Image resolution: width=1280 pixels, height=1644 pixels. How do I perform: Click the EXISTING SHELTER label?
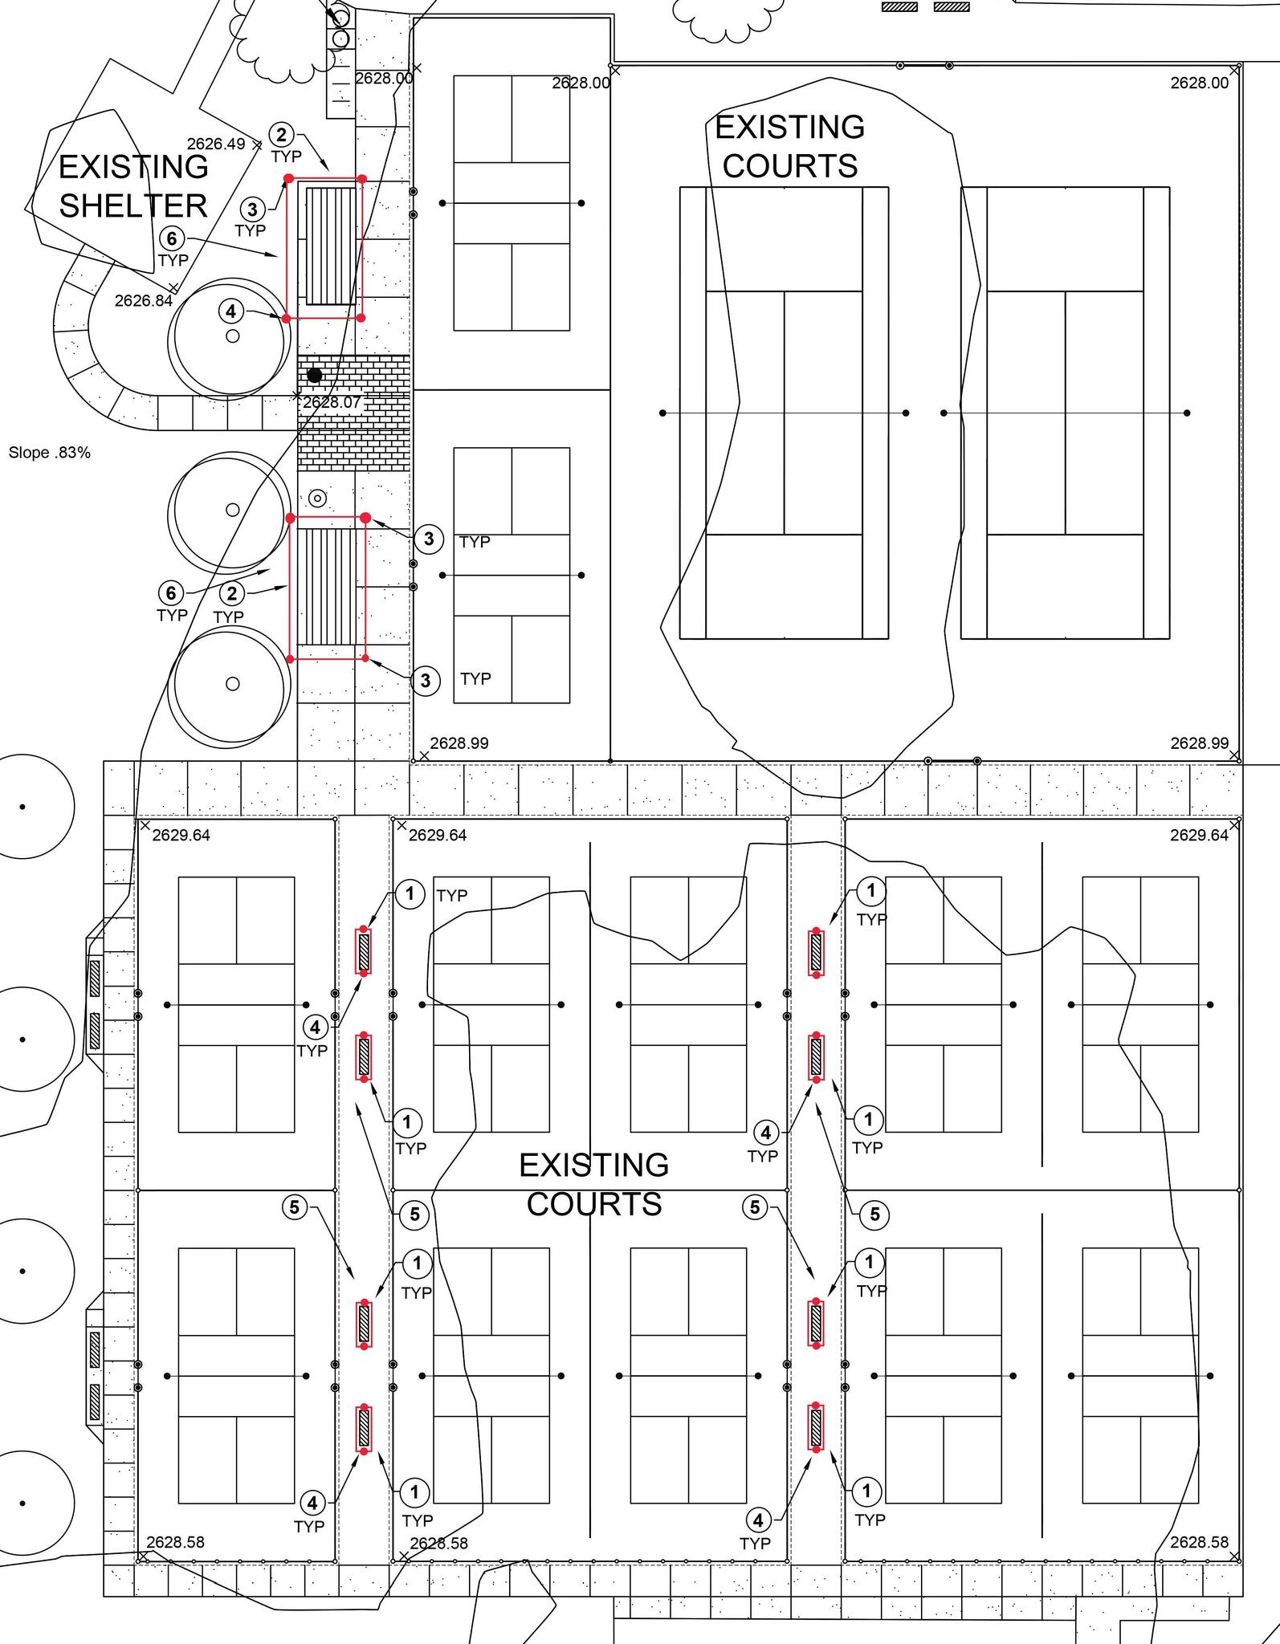pyautogui.click(x=133, y=186)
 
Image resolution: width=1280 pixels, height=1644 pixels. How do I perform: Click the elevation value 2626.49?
pyautogui.click(x=216, y=144)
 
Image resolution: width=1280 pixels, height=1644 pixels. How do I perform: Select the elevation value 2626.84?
pyautogui.click(x=144, y=301)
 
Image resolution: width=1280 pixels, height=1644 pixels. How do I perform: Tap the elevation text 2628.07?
pyautogui.click(x=332, y=402)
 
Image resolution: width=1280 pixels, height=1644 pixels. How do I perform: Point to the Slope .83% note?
pyautogui.click(x=50, y=453)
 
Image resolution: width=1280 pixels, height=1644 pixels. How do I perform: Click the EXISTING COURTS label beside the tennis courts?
pyautogui.click(x=790, y=147)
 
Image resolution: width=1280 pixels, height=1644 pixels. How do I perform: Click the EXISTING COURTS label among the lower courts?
pyautogui.click(x=594, y=1184)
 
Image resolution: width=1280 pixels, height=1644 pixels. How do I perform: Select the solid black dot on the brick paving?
pyautogui.click(x=315, y=375)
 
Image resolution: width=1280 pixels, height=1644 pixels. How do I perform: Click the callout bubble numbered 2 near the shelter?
pyautogui.click(x=281, y=134)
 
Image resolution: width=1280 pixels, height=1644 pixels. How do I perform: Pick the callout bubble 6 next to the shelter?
pyautogui.click(x=172, y=238)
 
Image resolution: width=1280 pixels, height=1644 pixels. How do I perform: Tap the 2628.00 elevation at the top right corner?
pyautogui.click(x=1199, y=83)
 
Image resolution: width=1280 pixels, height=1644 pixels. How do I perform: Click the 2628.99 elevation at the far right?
pyautogui.click(x=1199, y=743)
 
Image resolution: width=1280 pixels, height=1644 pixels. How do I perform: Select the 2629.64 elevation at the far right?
pyautogui.click(x=1199, y=835)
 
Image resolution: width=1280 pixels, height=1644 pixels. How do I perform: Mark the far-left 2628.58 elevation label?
pyautogui.click(x=175, y=1542)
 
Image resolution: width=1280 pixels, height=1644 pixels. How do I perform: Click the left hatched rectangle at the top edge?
pyautogui.click(x=899, y=7)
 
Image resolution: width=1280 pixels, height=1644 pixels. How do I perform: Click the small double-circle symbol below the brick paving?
pyautogui.click(x=318, y=498)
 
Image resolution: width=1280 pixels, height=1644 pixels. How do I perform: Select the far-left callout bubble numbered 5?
pyautogui.click(x=295, y=1207)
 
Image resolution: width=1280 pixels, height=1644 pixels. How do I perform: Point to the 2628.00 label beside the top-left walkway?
pyautogui.click(x=384, y=78)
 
